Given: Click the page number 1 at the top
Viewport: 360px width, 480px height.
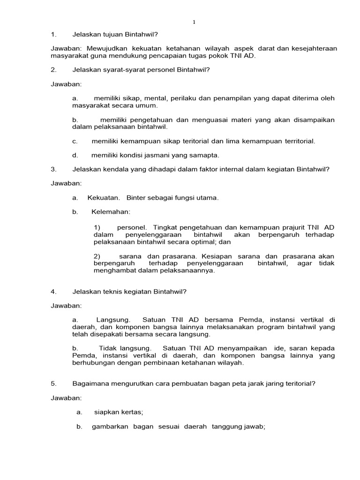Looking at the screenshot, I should tap(194, 22).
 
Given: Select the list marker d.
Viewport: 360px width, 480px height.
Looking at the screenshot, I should tap(75, 155).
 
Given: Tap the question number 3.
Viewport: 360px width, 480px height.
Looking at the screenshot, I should tap(53, 169).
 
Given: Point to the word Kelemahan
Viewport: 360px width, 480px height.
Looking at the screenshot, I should tap(111, 212).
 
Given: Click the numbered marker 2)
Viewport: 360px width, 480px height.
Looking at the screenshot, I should tap(97, 256).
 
